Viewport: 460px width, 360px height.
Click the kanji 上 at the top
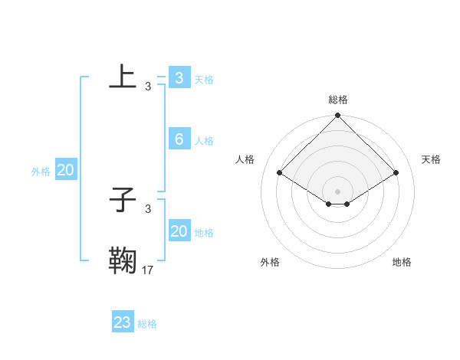tap(123, 77)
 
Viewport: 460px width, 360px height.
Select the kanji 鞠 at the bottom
tap(123, 260)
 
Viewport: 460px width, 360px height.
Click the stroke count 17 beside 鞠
tap(148, 270)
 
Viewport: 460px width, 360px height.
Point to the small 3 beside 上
tap(148, 87)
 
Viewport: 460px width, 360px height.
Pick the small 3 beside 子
tap(148, 209)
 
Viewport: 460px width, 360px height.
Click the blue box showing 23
tap(123, 322)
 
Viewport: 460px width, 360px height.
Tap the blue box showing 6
tap(179, 139)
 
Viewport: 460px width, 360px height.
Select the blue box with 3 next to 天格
tap(179, 77)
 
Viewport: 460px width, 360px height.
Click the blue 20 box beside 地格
tap(179, 231)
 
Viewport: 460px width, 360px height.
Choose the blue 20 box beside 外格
tap(65, 171)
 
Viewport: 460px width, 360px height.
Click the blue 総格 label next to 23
tap(147, 324)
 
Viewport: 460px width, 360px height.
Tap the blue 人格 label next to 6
tap(204, 141)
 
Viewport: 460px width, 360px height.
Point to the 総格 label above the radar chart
tap(338, 100)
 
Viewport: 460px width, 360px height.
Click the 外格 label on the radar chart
tap(270, 262)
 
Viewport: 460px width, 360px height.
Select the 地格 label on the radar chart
tap(402, 262)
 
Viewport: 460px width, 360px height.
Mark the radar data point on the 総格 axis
tap(338, 116)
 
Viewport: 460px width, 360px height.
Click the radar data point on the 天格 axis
tap(396, 173)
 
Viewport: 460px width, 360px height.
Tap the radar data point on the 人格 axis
tap(280, 173)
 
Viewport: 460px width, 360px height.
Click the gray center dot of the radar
tap(338, 191)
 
